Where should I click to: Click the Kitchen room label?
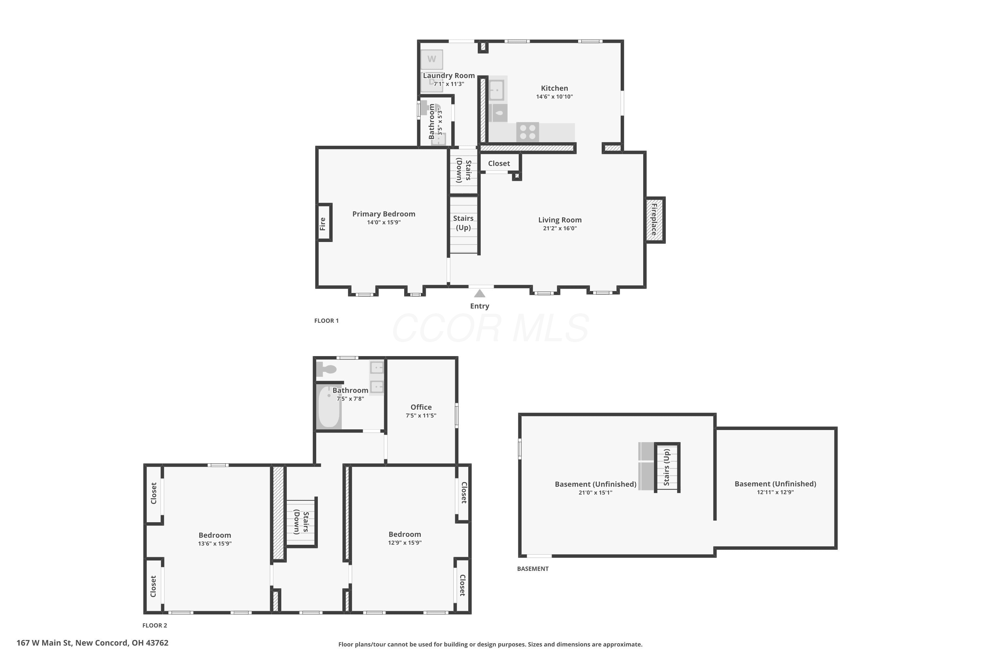tap(554, 88)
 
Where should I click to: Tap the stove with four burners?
tap(528, 132)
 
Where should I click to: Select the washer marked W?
tap(432, 59)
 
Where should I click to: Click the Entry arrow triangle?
tap(480, 293)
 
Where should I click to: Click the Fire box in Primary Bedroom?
tap(324, 222)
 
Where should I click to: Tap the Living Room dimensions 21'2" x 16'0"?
tap(560, 228)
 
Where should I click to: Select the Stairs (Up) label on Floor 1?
tap(463, 223)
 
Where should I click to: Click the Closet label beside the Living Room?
tap(499, 163)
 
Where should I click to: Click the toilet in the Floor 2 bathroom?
tap(326, 369)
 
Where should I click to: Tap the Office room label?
tap(421, 407)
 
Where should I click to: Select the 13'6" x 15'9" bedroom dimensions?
tap(215, 543)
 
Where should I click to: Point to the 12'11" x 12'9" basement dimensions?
tap(775, 492)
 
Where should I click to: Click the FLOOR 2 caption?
tap(155, 625)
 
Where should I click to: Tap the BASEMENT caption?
tap(533, 569)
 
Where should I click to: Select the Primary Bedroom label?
tap(384, 214)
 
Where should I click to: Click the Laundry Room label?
tap(449, 76)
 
